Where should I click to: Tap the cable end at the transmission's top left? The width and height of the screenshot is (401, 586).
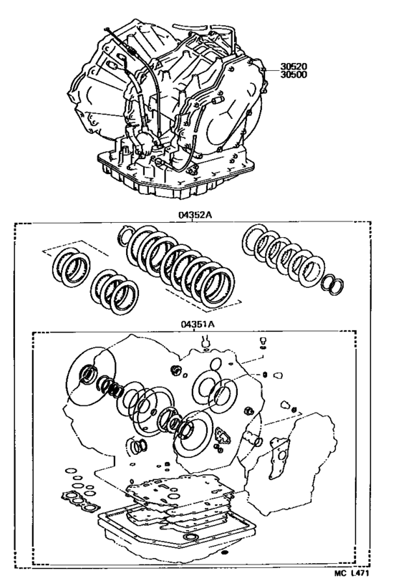(106, 29)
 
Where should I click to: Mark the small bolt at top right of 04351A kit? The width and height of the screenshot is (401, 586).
(264, 341)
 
